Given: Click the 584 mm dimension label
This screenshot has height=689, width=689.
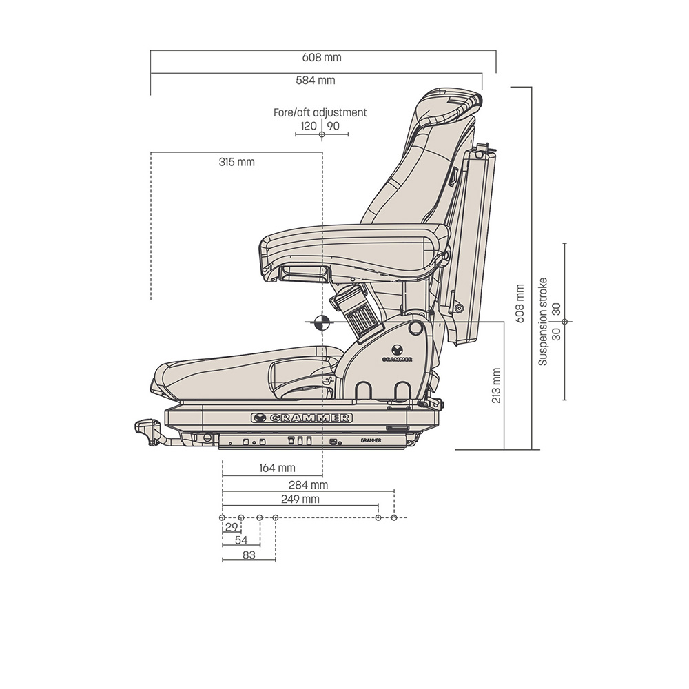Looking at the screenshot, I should (316, 81).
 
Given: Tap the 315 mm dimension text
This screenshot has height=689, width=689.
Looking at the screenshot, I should (236, 162).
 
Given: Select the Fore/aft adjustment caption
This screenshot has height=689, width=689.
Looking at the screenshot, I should (320, 112).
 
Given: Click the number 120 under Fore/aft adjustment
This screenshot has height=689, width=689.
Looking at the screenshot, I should (309, 126).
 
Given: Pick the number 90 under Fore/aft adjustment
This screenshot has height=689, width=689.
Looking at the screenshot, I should (333, 126).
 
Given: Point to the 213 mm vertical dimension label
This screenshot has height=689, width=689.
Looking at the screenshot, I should (496, 385).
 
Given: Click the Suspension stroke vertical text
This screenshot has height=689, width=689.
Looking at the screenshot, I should (543, 321).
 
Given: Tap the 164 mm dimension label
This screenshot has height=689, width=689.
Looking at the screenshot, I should (277, 469).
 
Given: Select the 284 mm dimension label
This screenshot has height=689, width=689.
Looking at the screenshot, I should (308, 485).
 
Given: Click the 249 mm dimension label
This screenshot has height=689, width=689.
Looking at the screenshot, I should (300, 499).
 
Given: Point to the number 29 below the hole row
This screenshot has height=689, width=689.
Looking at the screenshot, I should (232, 527).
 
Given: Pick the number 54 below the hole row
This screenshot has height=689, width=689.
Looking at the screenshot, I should (241, 540).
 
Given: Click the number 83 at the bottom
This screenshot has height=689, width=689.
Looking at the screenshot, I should (249, 555).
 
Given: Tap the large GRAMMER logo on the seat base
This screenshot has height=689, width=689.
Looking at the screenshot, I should (302, 418).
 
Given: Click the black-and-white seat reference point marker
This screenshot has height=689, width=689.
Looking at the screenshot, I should (321, 322).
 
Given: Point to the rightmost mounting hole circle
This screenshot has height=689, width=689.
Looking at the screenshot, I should (393, 517).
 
